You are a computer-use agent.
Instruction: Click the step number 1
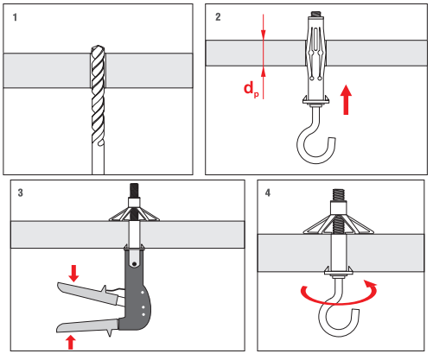coord(15,17)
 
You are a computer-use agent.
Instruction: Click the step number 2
coord(218,17)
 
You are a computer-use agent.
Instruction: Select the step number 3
coord(20,193)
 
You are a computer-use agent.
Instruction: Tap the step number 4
coord(268,193)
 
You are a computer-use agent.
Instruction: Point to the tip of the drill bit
coord(98,46)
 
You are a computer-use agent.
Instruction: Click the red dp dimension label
coord(252,89)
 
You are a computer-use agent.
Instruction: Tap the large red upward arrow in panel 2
coord(346,99)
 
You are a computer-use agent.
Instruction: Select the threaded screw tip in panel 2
coord(316,14)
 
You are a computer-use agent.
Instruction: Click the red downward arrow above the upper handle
coord(73,274)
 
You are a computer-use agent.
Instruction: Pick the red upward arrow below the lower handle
coord(71,343)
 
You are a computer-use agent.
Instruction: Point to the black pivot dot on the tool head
coord(135,264)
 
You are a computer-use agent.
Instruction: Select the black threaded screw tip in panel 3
coord(134,190)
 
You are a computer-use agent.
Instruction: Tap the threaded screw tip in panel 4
coord(339,195)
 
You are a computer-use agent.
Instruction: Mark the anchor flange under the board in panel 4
coord(339,271)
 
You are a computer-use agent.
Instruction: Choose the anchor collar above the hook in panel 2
coord(316,100)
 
